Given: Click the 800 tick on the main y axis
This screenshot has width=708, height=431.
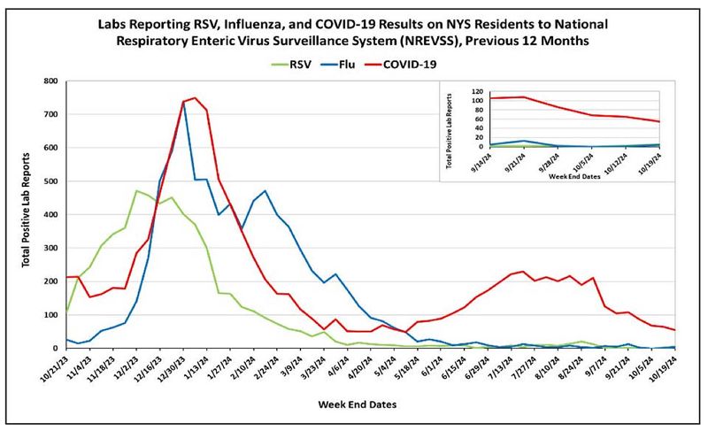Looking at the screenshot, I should click(x=50, y=81).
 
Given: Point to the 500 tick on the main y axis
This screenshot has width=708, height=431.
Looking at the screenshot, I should click(x=50, y=181).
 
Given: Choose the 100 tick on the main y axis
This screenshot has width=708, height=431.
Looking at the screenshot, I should click(x=50, y=314).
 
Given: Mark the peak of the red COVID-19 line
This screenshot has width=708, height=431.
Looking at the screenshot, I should click(x=195, y=98).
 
